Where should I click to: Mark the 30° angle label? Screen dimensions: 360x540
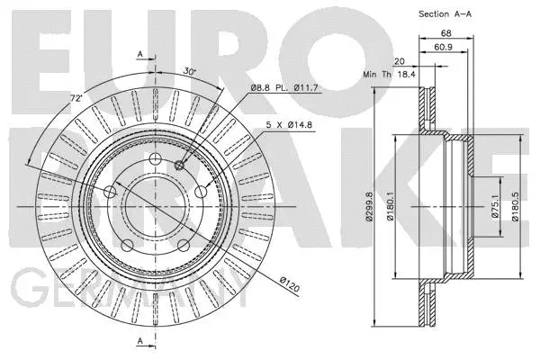point(186,72)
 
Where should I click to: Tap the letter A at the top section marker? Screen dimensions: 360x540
point(140,55)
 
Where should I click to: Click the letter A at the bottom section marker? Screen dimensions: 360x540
point(140,339)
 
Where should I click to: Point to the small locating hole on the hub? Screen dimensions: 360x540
point(181,164)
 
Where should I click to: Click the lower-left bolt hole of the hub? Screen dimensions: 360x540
point(128,244)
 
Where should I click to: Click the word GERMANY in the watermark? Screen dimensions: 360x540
point(126,292)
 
